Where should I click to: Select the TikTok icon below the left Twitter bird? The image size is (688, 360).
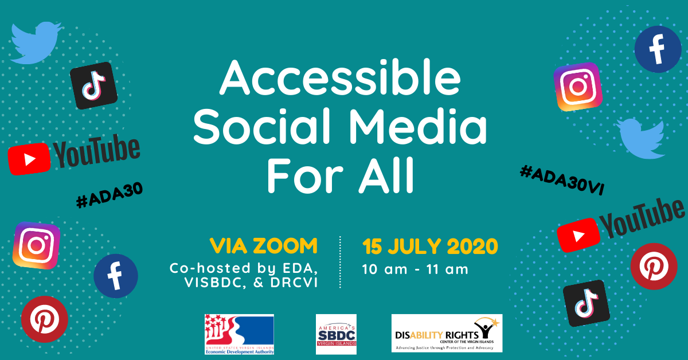pos(93,86)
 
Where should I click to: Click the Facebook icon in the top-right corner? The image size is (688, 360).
pos(658,49)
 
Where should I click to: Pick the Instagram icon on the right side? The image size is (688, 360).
pos(578,87)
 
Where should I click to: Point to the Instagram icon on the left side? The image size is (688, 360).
pos(37,245)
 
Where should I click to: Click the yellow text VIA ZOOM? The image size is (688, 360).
pos(263,246)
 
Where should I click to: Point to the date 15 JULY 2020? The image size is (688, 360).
pos(430,246)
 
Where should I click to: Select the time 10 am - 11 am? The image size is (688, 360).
pos(415,268)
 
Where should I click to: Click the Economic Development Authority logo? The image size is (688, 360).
pos(239,335)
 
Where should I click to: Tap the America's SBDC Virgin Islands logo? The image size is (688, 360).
pos(336,334)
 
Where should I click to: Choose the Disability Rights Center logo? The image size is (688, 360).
pos(447,333)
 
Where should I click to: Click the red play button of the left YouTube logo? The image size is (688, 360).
pos(29,158)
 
